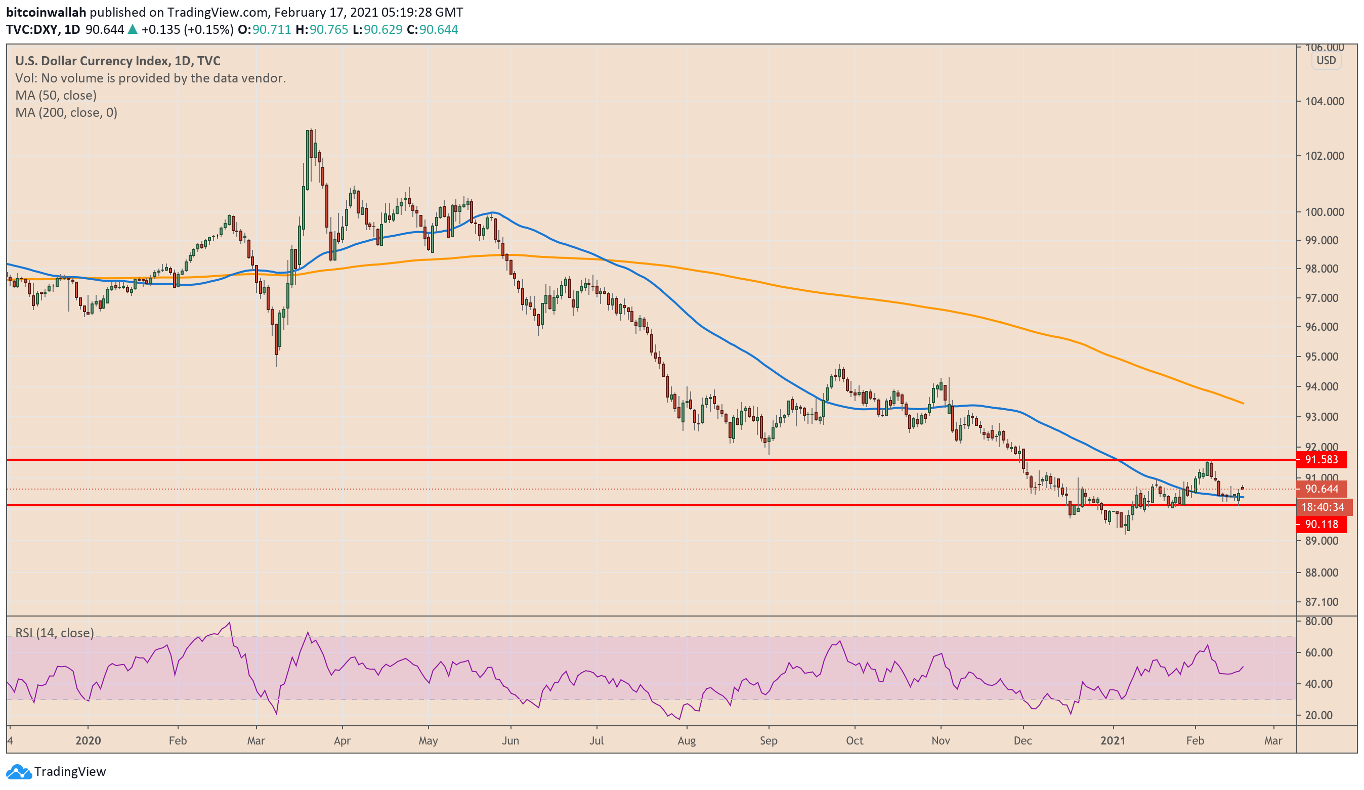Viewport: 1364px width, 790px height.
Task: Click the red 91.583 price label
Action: (1321, 459)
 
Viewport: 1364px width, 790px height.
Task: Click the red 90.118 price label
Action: (1321, 524)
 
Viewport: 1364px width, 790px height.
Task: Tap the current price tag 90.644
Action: (1321, 489)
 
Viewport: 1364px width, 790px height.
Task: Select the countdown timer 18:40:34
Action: (1323, 507)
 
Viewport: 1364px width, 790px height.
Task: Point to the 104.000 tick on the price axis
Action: (1324, 101)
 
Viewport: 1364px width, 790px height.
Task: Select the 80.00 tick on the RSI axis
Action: (1318, 621)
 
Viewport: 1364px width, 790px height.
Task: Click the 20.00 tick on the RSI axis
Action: (1318, 715)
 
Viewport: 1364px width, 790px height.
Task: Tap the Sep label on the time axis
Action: (768, 740)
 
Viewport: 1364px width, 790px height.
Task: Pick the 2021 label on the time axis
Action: (1113, 740)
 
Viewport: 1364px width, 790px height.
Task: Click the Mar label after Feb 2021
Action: (1272, 740)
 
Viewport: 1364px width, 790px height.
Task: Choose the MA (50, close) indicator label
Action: (56, 95)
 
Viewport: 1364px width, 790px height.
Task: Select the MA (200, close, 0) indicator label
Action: (66, 113)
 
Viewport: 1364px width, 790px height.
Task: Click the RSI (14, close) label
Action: (54, 633)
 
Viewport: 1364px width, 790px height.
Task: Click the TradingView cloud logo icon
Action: (18, 772)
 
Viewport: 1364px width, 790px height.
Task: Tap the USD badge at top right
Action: (1326, 61)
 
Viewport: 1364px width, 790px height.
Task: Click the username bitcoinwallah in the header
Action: (46, 12)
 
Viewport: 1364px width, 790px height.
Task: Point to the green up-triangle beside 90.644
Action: (133, 30)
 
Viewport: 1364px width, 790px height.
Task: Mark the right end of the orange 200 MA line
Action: (1243, 403)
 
